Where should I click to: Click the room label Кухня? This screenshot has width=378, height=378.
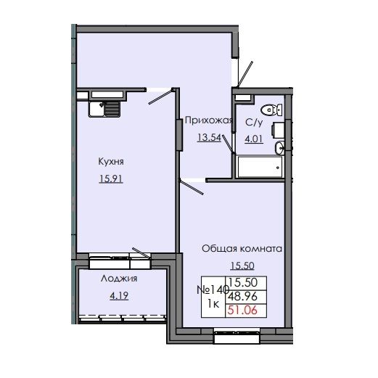point(108,163)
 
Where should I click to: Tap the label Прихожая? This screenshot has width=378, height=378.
point(208,121)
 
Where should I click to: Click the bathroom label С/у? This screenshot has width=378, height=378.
point(254,123)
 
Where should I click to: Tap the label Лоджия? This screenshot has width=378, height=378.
point(120,278)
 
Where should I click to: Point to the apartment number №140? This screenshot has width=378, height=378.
point(210,289)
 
